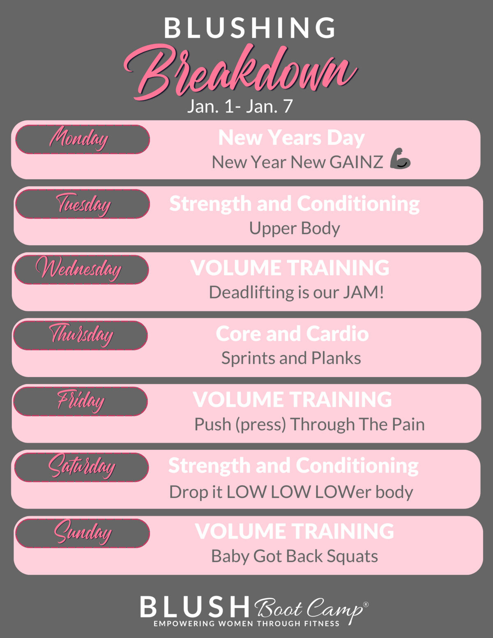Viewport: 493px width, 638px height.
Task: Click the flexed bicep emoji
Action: point(400,159)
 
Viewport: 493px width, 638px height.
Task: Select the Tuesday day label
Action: point(83,204)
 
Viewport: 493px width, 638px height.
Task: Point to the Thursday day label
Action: point(81,335)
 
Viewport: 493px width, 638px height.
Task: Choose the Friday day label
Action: point(81,401)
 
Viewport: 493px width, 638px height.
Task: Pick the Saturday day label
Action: point(81,467)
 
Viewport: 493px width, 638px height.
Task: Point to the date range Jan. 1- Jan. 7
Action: point(240,106)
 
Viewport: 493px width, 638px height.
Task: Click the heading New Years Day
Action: point(291,138)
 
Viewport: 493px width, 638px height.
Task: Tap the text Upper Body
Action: point(294,228)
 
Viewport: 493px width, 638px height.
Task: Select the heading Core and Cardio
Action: point(292,334)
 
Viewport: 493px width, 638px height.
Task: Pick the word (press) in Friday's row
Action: point(260,425)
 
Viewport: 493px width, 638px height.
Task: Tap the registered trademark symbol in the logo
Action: point(366,604)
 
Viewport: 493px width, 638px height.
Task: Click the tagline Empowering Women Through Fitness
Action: point(246,624)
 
